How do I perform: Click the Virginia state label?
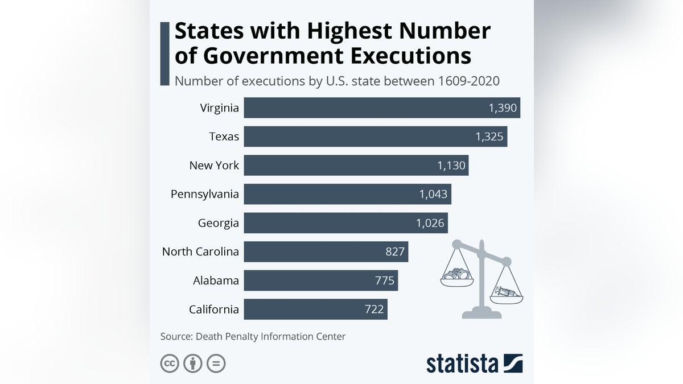[220, 108]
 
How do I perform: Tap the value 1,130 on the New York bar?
[451, 166]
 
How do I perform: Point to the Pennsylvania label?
[205, 194]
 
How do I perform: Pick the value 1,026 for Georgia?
[430, 223]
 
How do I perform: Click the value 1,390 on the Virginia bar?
[503, 108]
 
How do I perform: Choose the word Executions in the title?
[408, 56]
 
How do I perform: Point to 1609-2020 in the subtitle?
[469, 81]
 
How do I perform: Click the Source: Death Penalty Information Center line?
[253, 336]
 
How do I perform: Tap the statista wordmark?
[462, 364]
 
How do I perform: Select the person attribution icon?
[193, 363]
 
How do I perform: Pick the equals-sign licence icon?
[216, 363]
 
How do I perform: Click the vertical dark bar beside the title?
[165, 54]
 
